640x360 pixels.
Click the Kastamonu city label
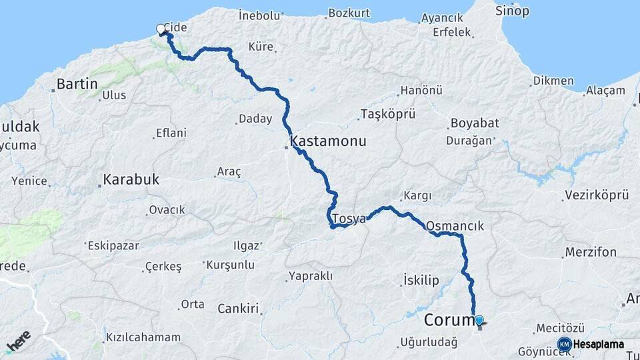(x=328, y=143)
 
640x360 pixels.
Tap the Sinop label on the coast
(x=512, y=11)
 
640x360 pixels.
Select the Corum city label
(x=448, y=321)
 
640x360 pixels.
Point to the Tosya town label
(x=349, y=219)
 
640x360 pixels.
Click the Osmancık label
(x=454, y=226)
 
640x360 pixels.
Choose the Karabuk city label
(x=131, y=179)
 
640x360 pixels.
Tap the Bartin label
(x=77, y=84)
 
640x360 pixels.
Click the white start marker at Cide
(x=161, y=29)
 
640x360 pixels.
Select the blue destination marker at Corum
(x=479, y=321)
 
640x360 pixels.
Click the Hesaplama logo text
(x=598, y=345)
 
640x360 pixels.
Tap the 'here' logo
(x=19, y=341)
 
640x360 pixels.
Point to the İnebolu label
(x=259, y=15)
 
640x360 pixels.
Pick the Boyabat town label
(x=475, y=123)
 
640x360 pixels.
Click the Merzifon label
(x=590, y=252)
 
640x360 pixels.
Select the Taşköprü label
(x=383, y=114)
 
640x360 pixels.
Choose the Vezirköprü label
(x=597, y=195)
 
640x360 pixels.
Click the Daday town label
(x=255, y=119)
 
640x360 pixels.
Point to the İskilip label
(x=421, y=280)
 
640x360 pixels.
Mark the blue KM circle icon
(x=564, y=345)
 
